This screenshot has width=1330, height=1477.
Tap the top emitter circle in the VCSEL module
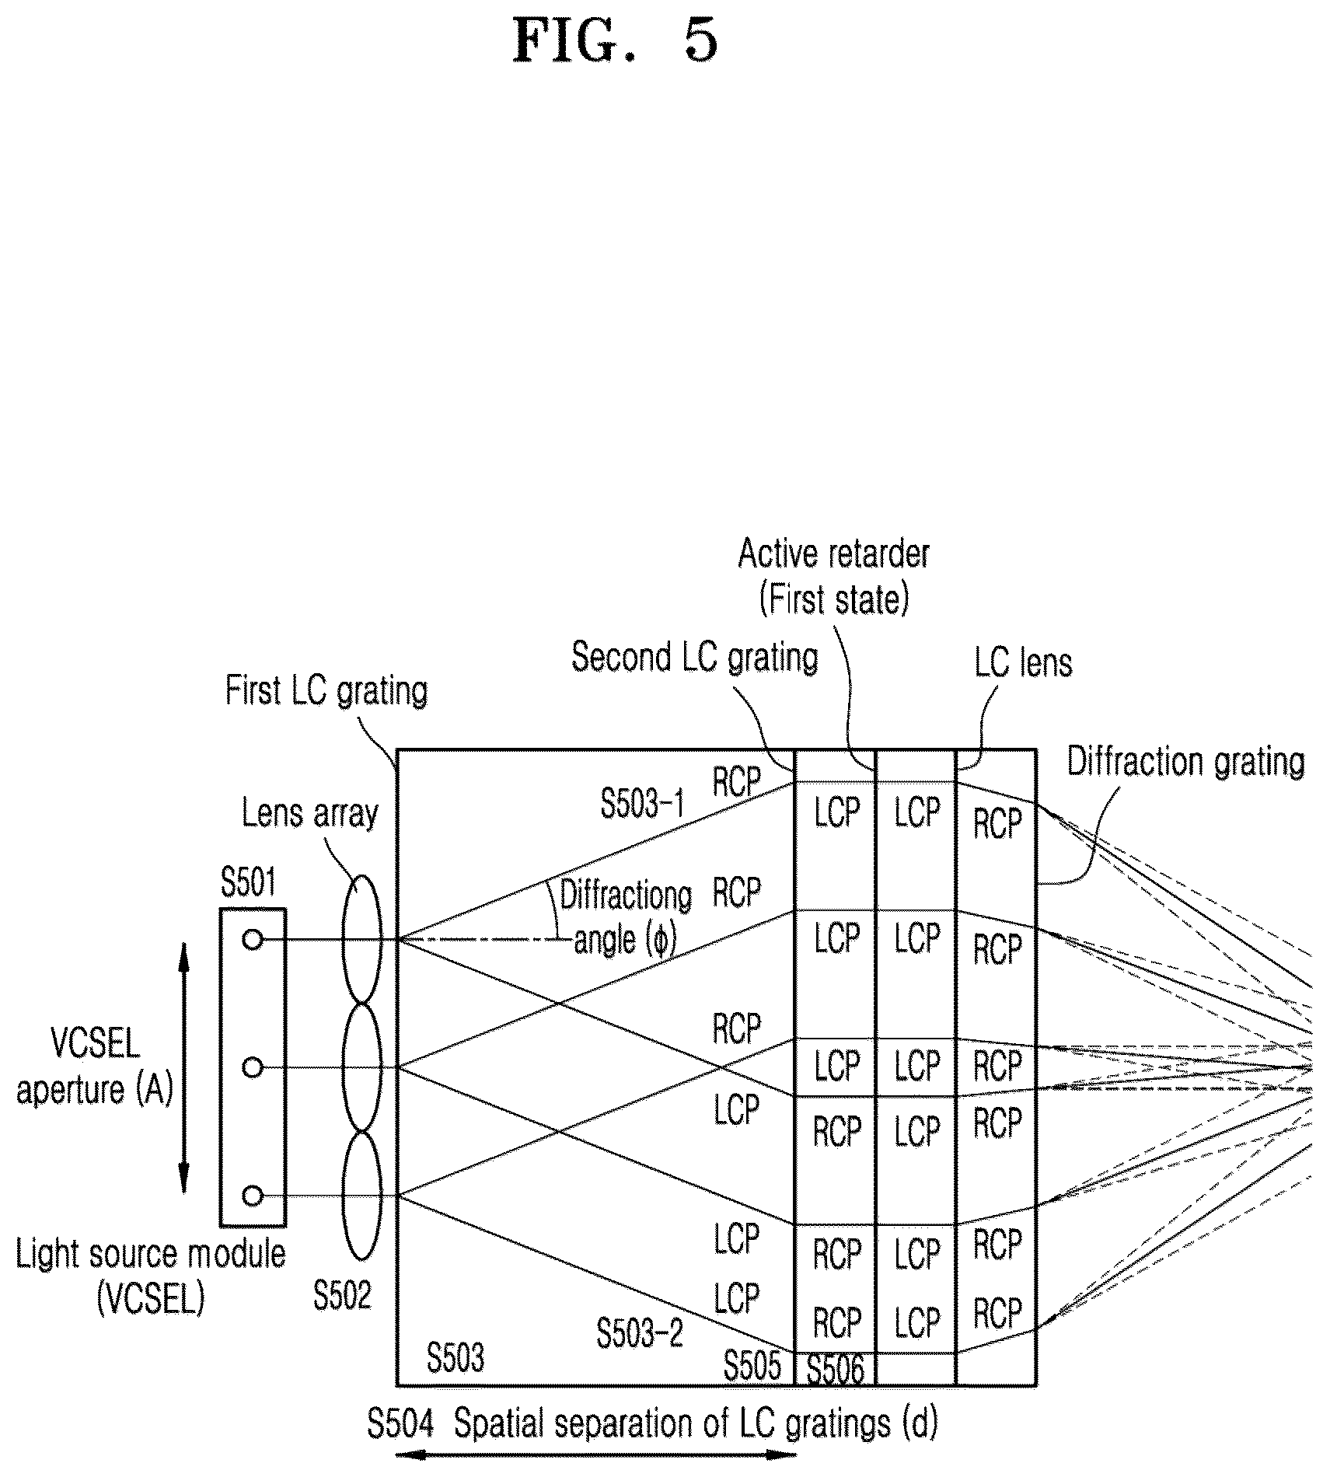(x=253, y=940)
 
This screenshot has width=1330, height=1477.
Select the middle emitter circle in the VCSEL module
(x=253, y=1068)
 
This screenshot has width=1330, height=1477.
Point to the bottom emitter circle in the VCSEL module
(x=253, y=1196)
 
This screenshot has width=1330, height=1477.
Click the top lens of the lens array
(x=362, y=939)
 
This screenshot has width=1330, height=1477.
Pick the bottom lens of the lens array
(x=362, y=1196)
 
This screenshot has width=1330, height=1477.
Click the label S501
(x=249, y=883)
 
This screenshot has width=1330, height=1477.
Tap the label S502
(x=342, y=1295)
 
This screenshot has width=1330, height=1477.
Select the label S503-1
(x=642, y=804)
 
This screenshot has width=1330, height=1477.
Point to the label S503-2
(x=640, y=1333)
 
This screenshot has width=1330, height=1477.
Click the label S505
(x=752, y=1367)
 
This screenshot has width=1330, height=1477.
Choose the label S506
(x=836, y=1369)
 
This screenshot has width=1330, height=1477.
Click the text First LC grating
(x=326, y=690)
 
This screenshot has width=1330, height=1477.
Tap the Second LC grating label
(x=695, y=658)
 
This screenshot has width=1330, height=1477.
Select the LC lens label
(x=1023, y=662)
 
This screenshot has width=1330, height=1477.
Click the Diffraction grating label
(x=1185, y=762)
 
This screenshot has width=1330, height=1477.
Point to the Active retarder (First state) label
(x=834, y=577)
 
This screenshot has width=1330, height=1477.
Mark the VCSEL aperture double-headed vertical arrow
(x=184, y=1068)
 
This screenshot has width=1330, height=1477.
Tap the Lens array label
(x=309, y=813)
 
